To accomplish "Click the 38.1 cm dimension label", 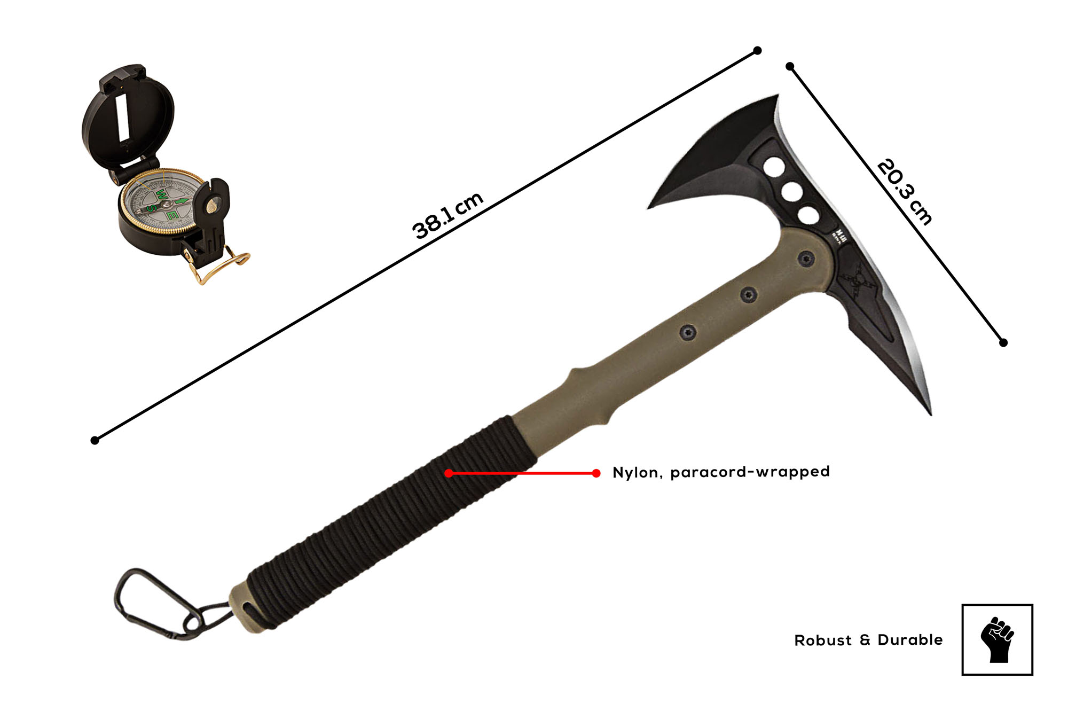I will click(448, 215).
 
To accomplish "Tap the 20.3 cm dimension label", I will click(905, 192).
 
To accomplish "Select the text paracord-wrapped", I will click(750, 472).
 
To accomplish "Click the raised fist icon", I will click(996, 639).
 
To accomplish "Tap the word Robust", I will click(822, 640).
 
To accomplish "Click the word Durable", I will click(910, 640).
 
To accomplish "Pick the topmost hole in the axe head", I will click(774, 167).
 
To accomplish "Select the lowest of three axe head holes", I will click(808, 216).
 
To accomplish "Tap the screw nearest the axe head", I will click(806, 259).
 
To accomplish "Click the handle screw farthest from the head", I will click(688, 332).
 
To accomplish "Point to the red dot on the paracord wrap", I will click(449, 473).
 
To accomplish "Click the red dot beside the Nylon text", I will click(596, 473).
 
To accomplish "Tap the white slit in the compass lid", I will click(123, 118).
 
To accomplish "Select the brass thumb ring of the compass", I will click(219, 267).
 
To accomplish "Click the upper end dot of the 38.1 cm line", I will click(757, 51).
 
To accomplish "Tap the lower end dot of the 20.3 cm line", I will click(1003, 342).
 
